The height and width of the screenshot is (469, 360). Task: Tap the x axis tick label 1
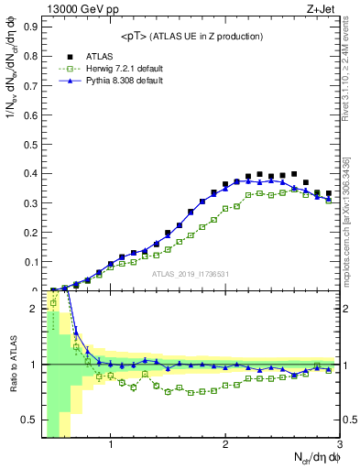click(111, 446)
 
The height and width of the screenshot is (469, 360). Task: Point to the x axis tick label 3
click(339, 446)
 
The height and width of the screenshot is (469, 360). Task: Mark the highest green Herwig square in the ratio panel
click(53, 327)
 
